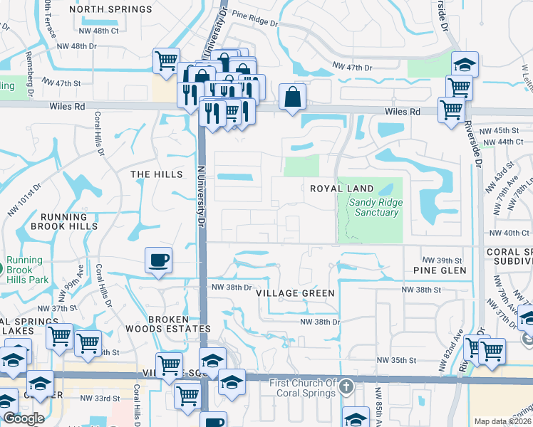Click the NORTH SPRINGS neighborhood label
coord(112,9)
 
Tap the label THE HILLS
coord(152,174)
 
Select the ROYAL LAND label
coord(342,188)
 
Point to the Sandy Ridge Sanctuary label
coord(375,207)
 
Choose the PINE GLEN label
coord(440,270)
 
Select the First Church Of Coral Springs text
coord(303,388)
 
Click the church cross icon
coord(346,388)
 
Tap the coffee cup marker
coord(158,259)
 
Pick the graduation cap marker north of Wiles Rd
coord(465,65)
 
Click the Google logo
coord(23,418)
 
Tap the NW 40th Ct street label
coord(506,233)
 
